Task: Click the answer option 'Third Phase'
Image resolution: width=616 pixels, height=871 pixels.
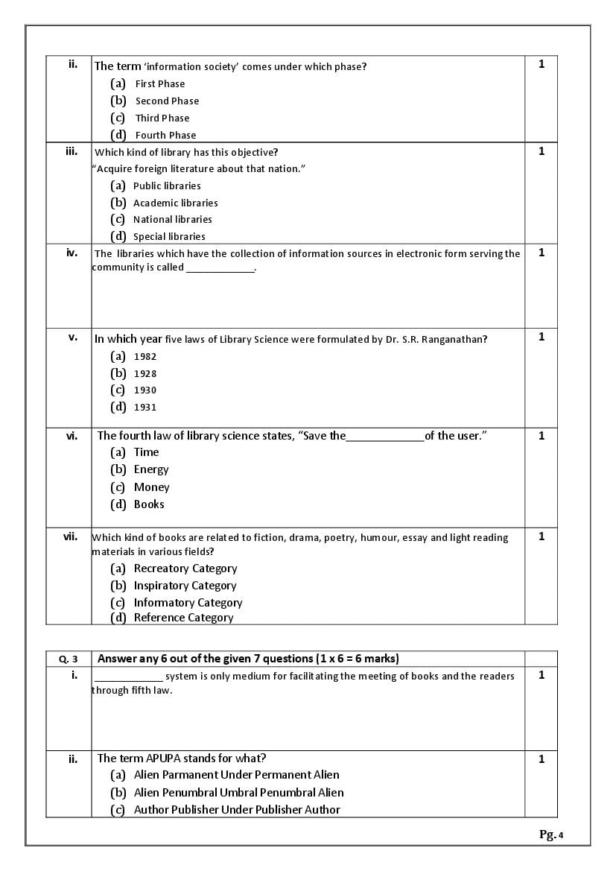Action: coord(162,118)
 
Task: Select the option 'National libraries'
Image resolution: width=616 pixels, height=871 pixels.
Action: coord(172,219)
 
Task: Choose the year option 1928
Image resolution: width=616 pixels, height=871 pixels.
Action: coord(145,373)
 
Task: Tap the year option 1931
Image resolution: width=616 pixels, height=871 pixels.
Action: coord(145,407)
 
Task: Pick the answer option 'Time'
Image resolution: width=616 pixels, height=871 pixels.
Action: coord(146,452)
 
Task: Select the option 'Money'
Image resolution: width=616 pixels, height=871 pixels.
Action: coord(151,487)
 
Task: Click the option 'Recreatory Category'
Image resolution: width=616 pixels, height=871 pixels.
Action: coord(185,568)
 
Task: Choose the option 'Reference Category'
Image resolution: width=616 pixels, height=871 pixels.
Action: coord(183,618)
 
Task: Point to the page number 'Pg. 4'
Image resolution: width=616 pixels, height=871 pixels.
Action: coord(551,834)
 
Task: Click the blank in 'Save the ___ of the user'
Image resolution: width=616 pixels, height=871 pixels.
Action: coord(385,437)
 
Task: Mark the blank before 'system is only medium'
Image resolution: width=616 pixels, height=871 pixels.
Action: coord(128,677)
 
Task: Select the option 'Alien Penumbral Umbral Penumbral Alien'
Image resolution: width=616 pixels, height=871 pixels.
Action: coord(238,793)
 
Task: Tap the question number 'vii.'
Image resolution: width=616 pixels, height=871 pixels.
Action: coord(70,536)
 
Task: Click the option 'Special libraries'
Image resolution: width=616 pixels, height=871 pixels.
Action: coord(169,236)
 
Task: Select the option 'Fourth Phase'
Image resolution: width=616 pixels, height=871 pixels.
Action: coord(165,135)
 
